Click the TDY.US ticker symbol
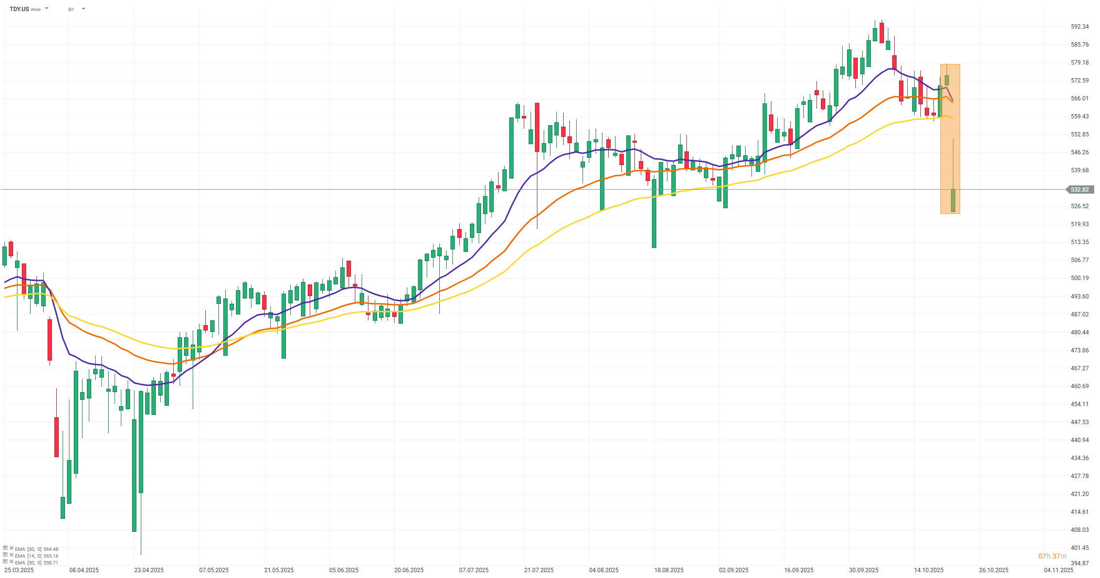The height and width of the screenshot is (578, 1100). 19,9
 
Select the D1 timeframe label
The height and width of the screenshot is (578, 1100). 71,9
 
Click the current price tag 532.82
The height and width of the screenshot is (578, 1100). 1080,190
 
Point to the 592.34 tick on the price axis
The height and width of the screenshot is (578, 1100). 1080,27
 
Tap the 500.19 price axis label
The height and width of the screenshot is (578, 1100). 1080,278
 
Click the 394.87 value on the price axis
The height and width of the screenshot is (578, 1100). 1080,563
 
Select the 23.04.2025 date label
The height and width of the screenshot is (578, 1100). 149,570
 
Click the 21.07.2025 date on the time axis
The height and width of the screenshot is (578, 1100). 539,570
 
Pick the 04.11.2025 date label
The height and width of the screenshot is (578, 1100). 1058,570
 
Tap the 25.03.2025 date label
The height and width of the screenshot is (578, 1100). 19,570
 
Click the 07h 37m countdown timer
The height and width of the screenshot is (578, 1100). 1052,556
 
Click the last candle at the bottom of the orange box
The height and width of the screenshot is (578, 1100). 953,200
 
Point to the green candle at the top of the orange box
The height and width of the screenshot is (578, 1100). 947,80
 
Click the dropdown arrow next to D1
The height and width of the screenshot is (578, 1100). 83,9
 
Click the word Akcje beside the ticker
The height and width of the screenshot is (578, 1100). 36,9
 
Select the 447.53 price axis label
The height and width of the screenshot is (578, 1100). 1080,422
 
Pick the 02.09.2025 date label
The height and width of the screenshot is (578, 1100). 734,570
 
